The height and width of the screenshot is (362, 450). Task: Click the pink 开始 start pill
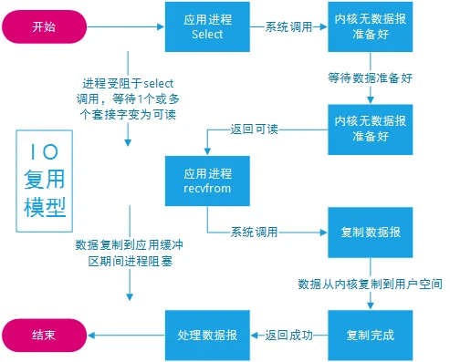[x=44, y=26]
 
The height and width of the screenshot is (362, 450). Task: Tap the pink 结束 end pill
[x=44, y=336]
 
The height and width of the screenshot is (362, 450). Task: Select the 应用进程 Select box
[x=207, y=26]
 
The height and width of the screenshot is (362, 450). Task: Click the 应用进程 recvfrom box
[x=207, y=181]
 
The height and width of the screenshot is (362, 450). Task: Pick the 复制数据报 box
[x=371, y=233]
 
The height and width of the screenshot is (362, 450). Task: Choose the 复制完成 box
[x=371, y=336]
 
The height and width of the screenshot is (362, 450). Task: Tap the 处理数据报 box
[x=207, y=336]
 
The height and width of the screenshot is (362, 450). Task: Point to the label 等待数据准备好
[x=370, y=78]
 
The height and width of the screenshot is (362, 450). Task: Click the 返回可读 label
[x=254, y=129]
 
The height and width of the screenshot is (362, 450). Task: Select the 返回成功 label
[x=288, y=336]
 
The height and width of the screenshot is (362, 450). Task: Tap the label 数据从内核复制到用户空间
[x=370, y=284]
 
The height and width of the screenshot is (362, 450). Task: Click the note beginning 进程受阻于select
[x=128, y=98]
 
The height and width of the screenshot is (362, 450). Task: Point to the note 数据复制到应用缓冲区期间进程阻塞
[x=130, y=253]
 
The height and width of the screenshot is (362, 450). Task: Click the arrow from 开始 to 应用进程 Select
[x=125, y=26]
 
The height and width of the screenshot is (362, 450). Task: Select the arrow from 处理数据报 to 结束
[x=126, y=336]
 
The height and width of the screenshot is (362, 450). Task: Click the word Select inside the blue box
[x=207, y=34]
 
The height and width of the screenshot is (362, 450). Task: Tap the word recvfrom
[x=207, y=189]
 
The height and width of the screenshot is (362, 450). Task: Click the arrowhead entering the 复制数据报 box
[x=324, y=233]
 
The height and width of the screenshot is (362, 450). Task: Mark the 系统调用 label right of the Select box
[x=288, y=26]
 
